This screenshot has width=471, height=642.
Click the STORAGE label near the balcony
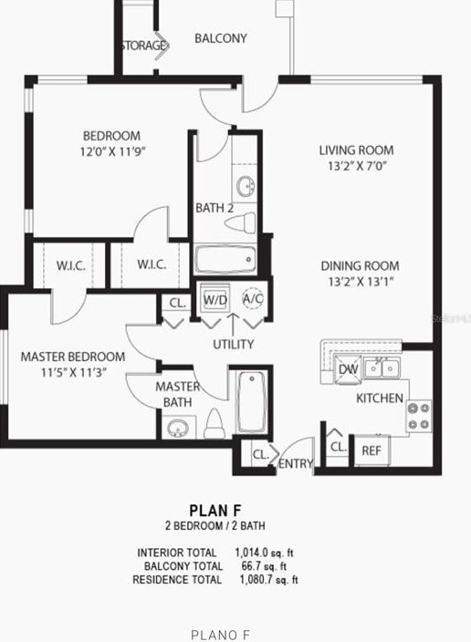click(x=141, y=46)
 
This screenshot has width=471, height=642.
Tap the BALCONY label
click(x=221, y=38)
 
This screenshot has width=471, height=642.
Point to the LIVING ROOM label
click(x=356, y=150)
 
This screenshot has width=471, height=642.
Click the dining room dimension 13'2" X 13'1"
click(x=360, y=283)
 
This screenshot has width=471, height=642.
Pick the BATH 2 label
click(x=215, y=208)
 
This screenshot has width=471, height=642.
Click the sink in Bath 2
click(x=246, y=188)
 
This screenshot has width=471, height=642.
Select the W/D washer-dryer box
click(x=215, y=299)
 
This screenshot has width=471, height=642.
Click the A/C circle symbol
click(x=252, y=298)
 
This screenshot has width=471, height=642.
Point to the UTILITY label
click(x=234, y=345)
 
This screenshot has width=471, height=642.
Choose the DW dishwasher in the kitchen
click(x=348, y=369)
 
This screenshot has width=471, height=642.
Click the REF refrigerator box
click(x=371, y=450)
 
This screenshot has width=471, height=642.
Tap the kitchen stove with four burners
click(x=419, y=416)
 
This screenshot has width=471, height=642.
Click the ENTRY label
click(x=296, y=464)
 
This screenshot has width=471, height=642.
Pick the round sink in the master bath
click(x=177, y=427)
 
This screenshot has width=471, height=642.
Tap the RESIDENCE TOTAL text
click(x=176, y=579)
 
